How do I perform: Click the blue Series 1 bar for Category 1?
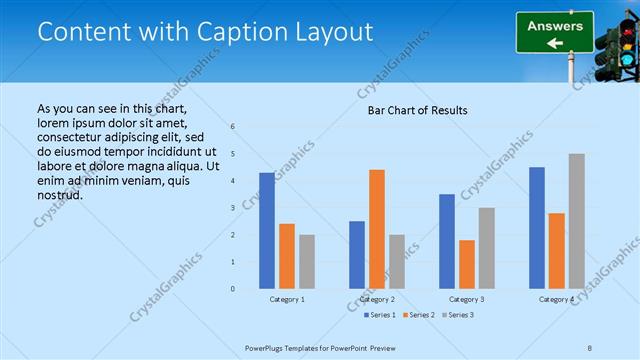point(267,231)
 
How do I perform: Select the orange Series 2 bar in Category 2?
point(377,229)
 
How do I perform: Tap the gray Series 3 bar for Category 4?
point(577,221)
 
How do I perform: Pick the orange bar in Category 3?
point(467,264)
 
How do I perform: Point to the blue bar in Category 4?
point(537,228)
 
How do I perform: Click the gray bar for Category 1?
point(307,262)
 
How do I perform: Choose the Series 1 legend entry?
point(379,315)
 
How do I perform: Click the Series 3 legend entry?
point(457,315)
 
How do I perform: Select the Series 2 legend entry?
point(418,315)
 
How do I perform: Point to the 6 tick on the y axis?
point(232,127)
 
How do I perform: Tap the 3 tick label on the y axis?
point(232,208)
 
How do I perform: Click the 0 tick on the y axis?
point(232,289)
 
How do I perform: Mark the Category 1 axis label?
point(287,299)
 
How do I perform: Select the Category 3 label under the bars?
point(467,299)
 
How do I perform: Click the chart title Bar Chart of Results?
point(418,110)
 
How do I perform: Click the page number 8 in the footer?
point(589,347)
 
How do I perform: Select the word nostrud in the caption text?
point(59,194)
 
